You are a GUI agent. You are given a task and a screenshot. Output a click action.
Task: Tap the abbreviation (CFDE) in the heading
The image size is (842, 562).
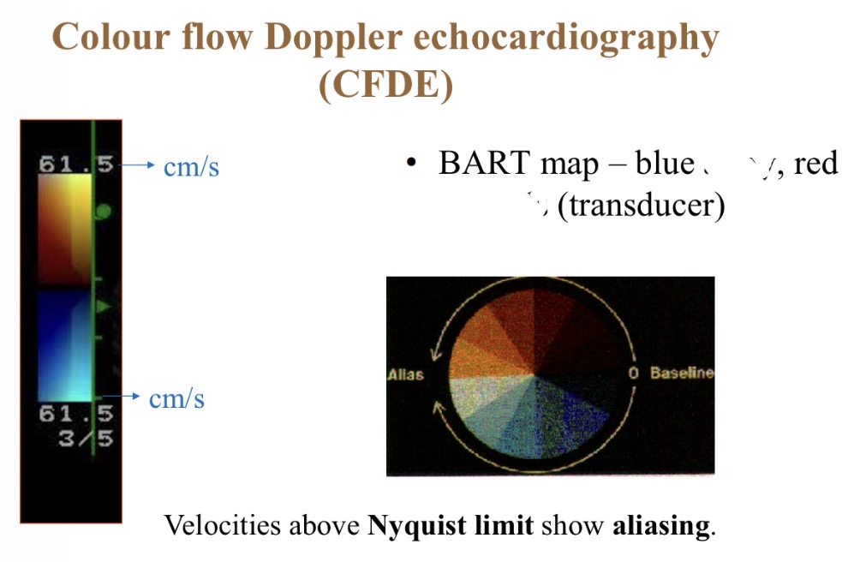click(385, 87)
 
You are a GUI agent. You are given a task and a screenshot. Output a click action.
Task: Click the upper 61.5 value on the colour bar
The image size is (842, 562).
click(76, 164)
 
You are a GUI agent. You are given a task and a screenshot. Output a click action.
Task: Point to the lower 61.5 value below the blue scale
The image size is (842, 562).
click(76, 415)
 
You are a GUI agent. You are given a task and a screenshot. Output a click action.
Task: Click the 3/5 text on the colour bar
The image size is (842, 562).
click(87, 439)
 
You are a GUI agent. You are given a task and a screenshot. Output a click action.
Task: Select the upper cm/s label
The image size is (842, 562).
click(191, 166)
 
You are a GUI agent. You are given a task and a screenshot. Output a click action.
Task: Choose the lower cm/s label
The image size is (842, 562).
click(176, 398)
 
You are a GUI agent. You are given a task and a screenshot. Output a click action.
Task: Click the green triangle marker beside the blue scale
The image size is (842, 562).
click(104, 306)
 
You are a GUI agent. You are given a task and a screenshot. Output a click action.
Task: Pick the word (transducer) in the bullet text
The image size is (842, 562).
click(640, 206)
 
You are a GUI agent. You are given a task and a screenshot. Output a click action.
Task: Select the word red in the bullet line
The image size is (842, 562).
click(815, 163)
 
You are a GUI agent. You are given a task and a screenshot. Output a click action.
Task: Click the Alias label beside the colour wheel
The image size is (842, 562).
click(405, 375)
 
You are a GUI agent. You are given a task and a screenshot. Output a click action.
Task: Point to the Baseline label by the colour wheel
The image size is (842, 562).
click(682, 374)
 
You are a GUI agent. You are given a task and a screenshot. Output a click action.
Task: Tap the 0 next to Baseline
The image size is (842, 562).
click(635, 374)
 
